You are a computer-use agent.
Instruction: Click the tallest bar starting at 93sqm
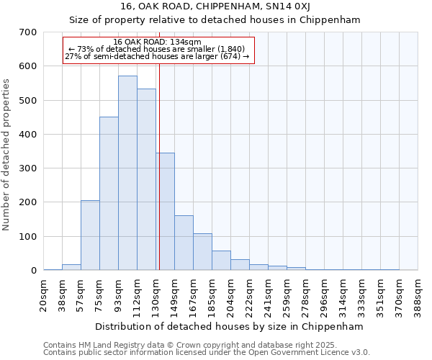click(127, 173)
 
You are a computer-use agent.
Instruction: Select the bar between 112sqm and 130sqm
click(146, 180)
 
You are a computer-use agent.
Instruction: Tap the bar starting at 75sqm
click(109, 194)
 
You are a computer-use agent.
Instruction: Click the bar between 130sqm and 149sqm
click(166, 212)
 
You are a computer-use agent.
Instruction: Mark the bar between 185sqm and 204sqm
click(221, 261)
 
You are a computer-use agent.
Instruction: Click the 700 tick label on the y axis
click(29, 32)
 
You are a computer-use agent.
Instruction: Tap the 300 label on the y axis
click(29, 168)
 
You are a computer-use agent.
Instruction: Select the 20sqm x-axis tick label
click(44, 295)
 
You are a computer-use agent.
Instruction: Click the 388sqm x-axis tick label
click(418, 295)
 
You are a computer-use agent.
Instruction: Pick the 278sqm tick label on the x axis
click(306, 295)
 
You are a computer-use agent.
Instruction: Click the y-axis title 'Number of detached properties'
click(7, 151)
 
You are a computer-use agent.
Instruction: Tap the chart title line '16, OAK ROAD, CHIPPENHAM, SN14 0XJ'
click(230, 6)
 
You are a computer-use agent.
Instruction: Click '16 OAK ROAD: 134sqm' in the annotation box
click(158, 42)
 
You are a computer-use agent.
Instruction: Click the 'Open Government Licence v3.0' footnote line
click(207, 353)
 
